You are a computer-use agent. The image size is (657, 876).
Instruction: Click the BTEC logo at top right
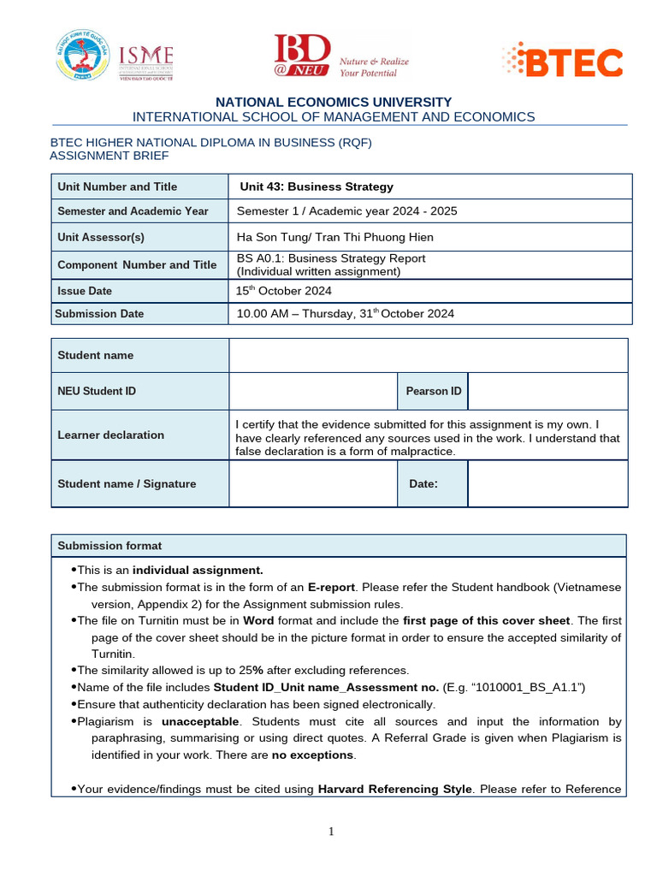click(x=562, y=61)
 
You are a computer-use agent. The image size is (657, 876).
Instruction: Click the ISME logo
click(x=146, y=61)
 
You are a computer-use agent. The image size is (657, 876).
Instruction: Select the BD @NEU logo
click(x=340, y=57)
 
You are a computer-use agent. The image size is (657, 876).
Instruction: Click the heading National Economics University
click(x=334, y=102)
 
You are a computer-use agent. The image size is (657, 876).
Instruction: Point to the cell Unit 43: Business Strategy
click(x=317, y=186)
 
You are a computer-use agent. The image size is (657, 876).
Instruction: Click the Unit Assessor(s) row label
click(x=101, y=237)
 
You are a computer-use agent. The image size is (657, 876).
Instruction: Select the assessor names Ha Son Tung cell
click(x=334, y=237)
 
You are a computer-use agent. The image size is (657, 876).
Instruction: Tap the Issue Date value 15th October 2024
click(x=283, y=291)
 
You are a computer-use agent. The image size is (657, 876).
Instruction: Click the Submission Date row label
click(x=99, y=314)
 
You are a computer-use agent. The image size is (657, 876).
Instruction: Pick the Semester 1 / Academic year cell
click(x=342, y=211)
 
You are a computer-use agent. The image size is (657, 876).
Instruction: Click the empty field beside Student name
click(x=428, y=355)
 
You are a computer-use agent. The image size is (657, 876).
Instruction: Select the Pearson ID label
click(x=433, y=391)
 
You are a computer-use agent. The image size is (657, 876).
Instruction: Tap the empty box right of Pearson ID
click(x=547, y=391)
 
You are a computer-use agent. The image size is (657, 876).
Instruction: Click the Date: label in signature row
click(x=423, y=484)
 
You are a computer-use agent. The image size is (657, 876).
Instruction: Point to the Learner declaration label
click(x=110, y=435)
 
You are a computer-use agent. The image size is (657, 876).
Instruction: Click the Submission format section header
click(x=109, y=546)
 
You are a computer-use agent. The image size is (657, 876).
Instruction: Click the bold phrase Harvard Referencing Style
click(x=394, y=789)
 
